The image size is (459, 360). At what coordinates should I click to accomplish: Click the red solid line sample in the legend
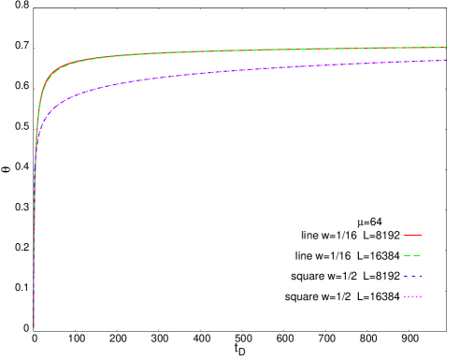coord(412,235)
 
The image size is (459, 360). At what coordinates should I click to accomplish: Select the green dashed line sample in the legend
coord(412,255)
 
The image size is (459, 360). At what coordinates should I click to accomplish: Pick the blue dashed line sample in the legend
coord(412,276)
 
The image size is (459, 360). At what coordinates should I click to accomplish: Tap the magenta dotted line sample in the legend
coord(412,296)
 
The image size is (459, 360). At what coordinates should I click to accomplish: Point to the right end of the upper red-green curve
coord(445,47)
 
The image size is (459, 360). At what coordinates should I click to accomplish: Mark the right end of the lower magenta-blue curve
coord(445,61)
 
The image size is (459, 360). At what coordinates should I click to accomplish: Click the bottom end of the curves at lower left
coord(34,326)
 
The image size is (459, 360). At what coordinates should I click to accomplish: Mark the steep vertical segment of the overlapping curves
coord(35,234)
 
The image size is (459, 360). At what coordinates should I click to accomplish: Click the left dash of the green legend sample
coord(406,255)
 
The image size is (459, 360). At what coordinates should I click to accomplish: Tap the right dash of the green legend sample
coord(417,255)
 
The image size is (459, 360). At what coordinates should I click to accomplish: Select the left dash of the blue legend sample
coord(405,276)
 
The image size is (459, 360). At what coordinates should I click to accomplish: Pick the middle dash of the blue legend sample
coord(412,276)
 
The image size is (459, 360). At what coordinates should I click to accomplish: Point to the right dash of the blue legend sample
coord(420,276)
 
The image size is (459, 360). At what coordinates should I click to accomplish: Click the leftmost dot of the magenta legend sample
coord(404,296)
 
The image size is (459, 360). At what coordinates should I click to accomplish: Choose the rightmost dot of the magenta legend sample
coord(421,296)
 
